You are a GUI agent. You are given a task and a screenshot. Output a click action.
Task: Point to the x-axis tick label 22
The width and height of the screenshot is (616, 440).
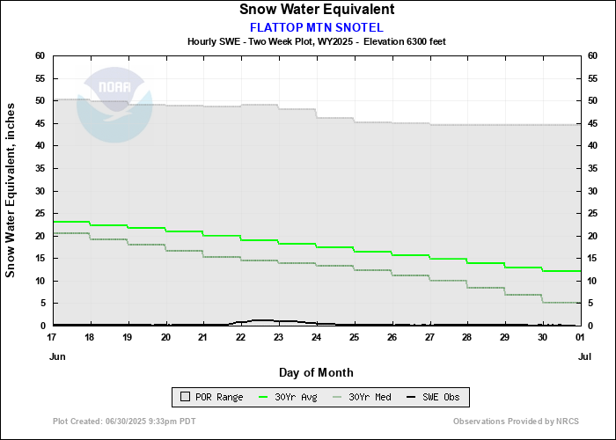pos(240,337)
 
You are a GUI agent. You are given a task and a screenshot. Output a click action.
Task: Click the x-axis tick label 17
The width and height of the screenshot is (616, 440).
pos(54,337)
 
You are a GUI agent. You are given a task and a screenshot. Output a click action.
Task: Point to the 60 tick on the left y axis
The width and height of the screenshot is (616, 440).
pos(40,55)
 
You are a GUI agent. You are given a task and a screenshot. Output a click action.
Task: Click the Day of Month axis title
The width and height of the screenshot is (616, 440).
pos(316,372)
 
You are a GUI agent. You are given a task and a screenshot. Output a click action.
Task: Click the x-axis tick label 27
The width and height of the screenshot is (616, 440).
pos(429,337)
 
